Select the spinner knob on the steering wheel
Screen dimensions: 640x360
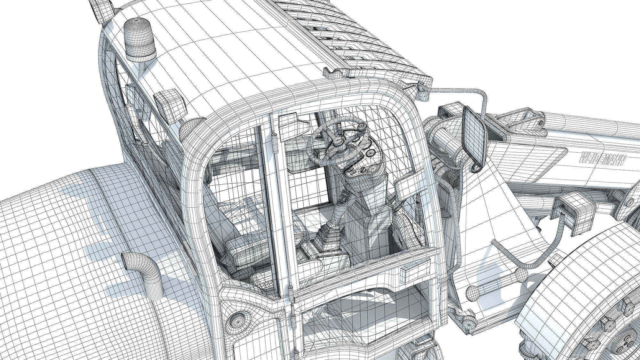tap(362, 127)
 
